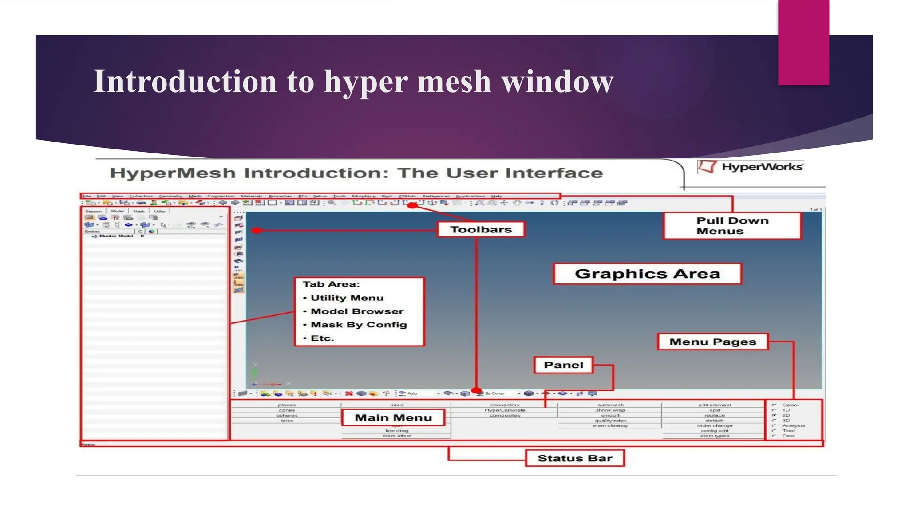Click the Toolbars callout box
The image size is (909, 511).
tap(481, 229)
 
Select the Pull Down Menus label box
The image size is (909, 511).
tap(732, 226)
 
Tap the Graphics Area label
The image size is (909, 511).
tap(647, 274)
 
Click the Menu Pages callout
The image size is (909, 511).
tap(712, 342)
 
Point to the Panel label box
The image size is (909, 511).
tap(563, 365)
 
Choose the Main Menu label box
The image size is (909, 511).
tap(393, 417)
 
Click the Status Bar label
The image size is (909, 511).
tap(574, 458)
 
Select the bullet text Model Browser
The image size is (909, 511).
tap(357, 311)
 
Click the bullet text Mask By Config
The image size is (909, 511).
tap(359, 325)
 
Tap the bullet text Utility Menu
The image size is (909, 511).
tap(347, 298)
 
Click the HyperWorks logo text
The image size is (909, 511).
tap(762, 167)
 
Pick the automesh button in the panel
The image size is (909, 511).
tap(610, 405)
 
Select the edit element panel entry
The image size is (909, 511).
tap(714, 405)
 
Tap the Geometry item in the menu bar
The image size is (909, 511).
tap(170, 196)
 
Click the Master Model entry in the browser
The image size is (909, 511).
tap(116, 236)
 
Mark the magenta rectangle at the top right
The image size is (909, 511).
tap(803, 42)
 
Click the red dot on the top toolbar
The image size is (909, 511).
tap(412, 205)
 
